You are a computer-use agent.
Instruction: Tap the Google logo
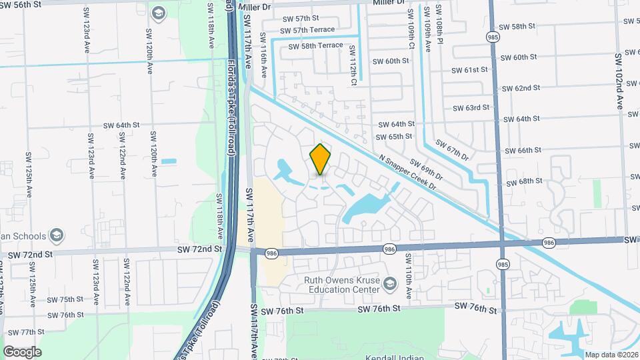click(22, 351)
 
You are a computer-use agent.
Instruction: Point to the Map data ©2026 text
click(611, 355)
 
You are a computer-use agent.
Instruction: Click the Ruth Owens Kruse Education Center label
click(342, 285)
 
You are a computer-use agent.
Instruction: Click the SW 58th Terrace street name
click(316, 45)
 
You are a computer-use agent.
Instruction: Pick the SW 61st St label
click(470, 70)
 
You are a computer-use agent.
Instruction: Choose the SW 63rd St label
click(471, 107)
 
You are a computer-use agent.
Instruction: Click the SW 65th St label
click(396, 137)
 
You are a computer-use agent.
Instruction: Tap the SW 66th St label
click(523, 150)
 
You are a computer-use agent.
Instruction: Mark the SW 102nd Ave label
click(619, 81)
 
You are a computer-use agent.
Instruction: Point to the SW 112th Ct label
click(353, 70)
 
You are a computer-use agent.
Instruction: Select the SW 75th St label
click(65, 299)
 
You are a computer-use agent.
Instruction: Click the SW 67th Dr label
click(452, 150)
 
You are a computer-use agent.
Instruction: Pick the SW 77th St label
click(36, 332)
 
